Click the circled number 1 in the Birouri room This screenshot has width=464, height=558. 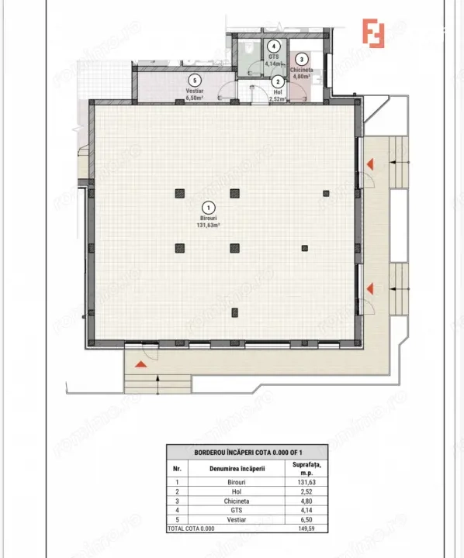click(x=208, y=208)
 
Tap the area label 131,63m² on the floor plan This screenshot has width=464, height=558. click(x=208, y=226)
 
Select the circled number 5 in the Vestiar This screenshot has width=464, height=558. click(x=194, y=79)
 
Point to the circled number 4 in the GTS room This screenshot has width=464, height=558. click(x=272, y=46)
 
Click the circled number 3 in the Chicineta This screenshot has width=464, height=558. click(x=301, y=60)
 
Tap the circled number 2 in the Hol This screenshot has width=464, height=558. click(x=278, y=82)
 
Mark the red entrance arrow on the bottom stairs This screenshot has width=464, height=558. click(x=141, y=363)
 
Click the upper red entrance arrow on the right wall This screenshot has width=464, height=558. click(x=372, y=164)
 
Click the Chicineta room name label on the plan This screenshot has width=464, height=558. click(x=301, y=71)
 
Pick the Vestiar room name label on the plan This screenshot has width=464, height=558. click(x=194, y=91)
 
